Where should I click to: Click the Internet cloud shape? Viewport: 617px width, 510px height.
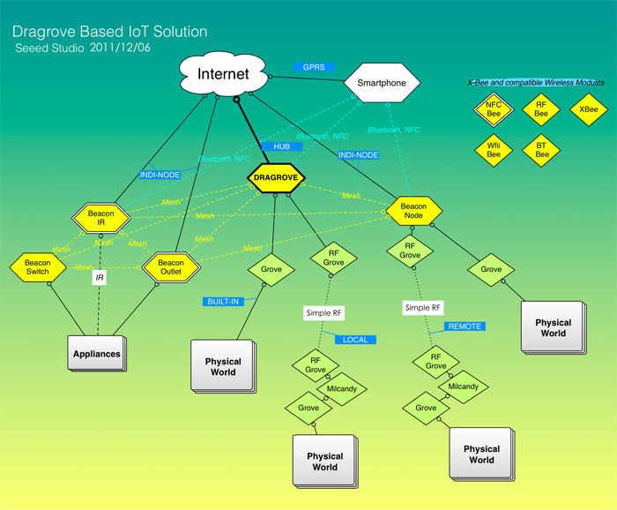click(223, 74)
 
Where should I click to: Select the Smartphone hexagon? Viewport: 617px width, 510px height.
click(382, 83)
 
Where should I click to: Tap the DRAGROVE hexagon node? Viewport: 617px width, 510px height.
click(277, 177)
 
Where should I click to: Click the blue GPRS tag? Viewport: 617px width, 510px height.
click(313, 67)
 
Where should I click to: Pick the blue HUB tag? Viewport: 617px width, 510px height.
click(281, 146)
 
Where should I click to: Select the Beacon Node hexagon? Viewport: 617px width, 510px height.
click(413, 210)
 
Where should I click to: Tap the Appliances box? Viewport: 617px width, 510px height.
click(96, 354)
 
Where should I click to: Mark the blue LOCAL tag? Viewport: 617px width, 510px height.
click(355, 340)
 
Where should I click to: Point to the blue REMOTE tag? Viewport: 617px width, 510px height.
click(465, 326)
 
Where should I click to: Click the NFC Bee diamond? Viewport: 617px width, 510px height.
click(494, 109)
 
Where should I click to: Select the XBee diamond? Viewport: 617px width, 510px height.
click(587, 109)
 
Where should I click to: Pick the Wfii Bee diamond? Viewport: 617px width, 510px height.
click(494, 149)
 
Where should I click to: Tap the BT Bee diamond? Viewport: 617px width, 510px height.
click(541, 149)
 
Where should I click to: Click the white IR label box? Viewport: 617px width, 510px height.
click(100, 278)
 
